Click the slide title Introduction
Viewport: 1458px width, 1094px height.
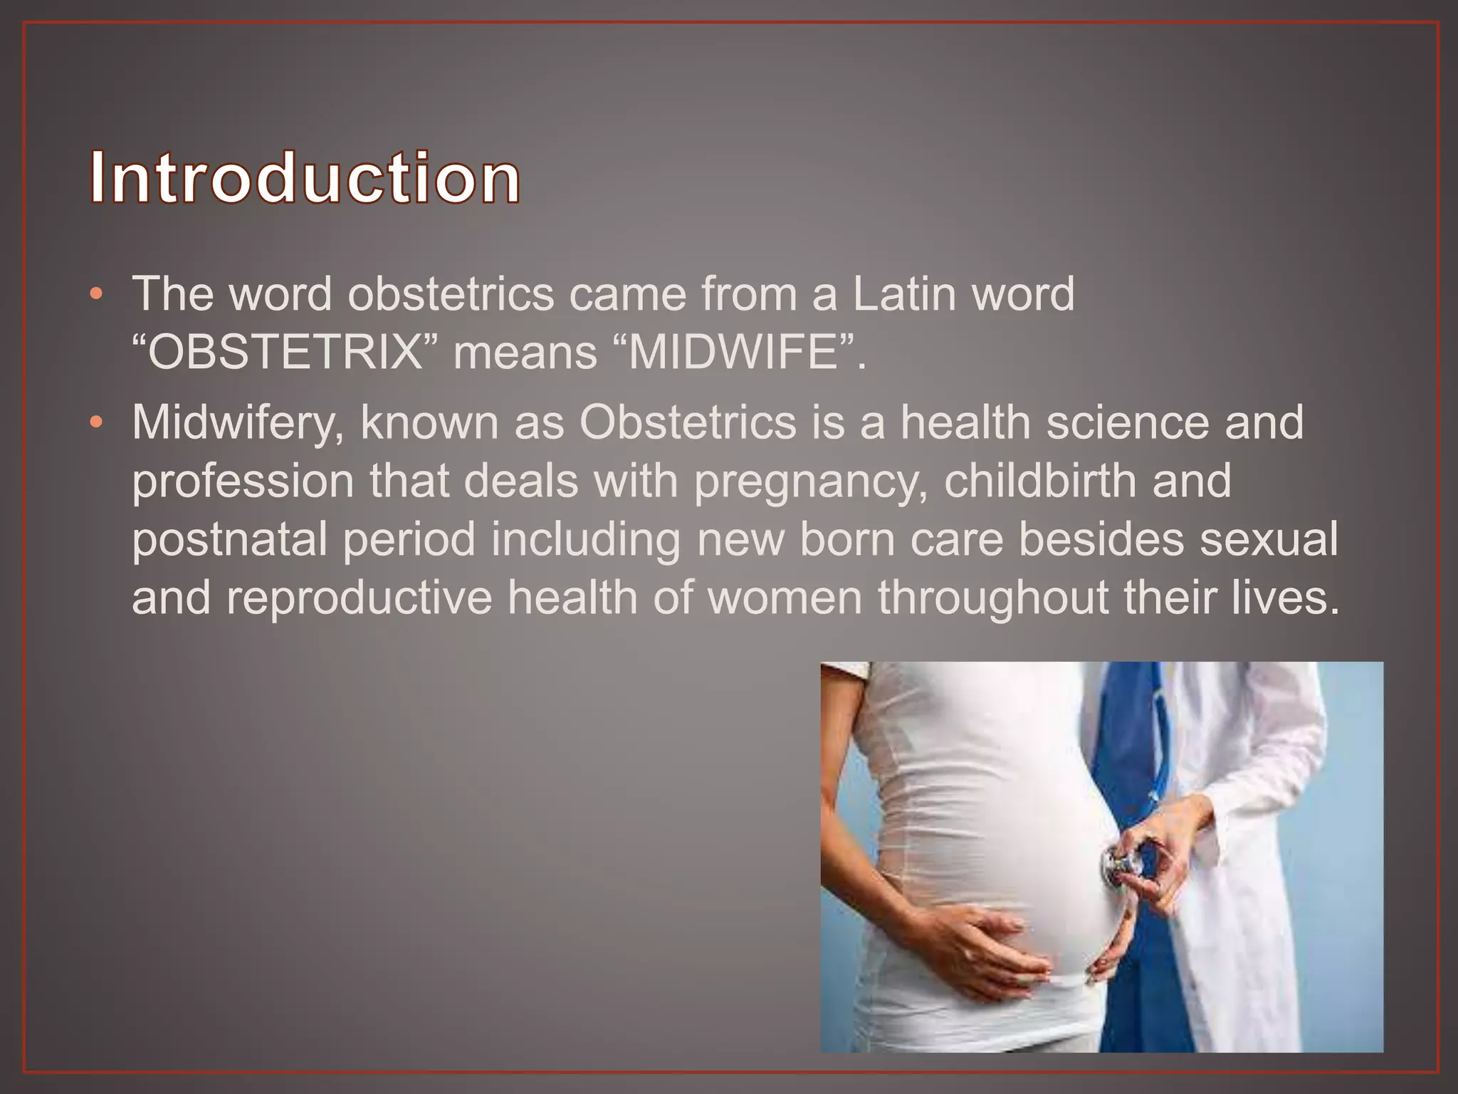(x=305, y=177)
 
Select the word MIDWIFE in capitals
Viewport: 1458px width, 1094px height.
(x=734, y=353)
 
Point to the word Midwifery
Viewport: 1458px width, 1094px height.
(x=238, y=423)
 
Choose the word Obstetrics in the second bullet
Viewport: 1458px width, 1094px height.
(x=688, y=423)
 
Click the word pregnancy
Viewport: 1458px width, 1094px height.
(x=811, y=481)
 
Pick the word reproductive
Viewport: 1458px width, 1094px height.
(x=360, y=598)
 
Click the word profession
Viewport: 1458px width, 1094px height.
(x=243, y=481)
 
